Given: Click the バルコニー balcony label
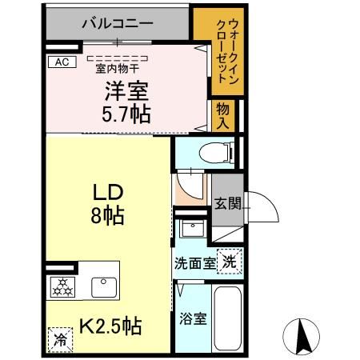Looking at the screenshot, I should [118, 24].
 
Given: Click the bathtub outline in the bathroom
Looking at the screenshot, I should [228, 318].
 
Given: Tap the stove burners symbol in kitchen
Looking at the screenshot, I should [62, 286].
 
